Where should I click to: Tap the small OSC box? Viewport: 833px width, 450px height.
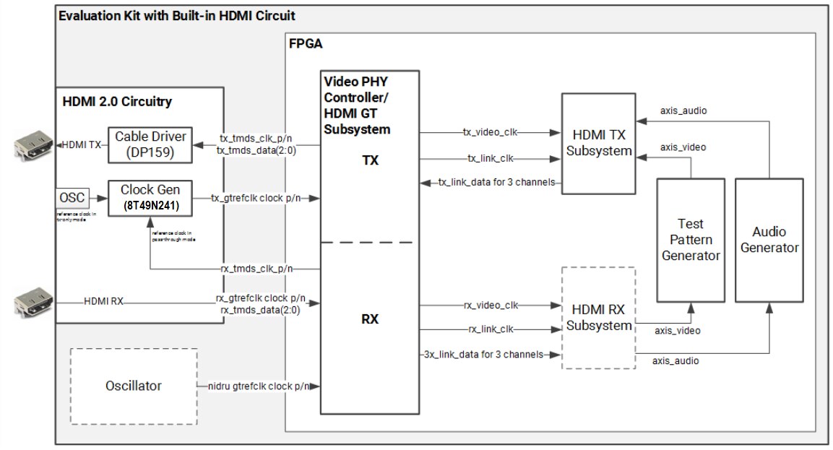point(71,197)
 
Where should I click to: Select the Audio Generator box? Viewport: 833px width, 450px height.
point(769,240)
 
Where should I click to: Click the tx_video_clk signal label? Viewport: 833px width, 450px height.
point(491,132)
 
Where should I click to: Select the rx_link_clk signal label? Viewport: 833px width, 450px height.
point(491,329)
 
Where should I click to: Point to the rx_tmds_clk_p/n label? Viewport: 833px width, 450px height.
point(256,269)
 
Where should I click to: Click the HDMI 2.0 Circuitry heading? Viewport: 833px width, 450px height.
point(117,101)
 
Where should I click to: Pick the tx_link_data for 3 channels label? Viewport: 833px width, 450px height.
point(496,182)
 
